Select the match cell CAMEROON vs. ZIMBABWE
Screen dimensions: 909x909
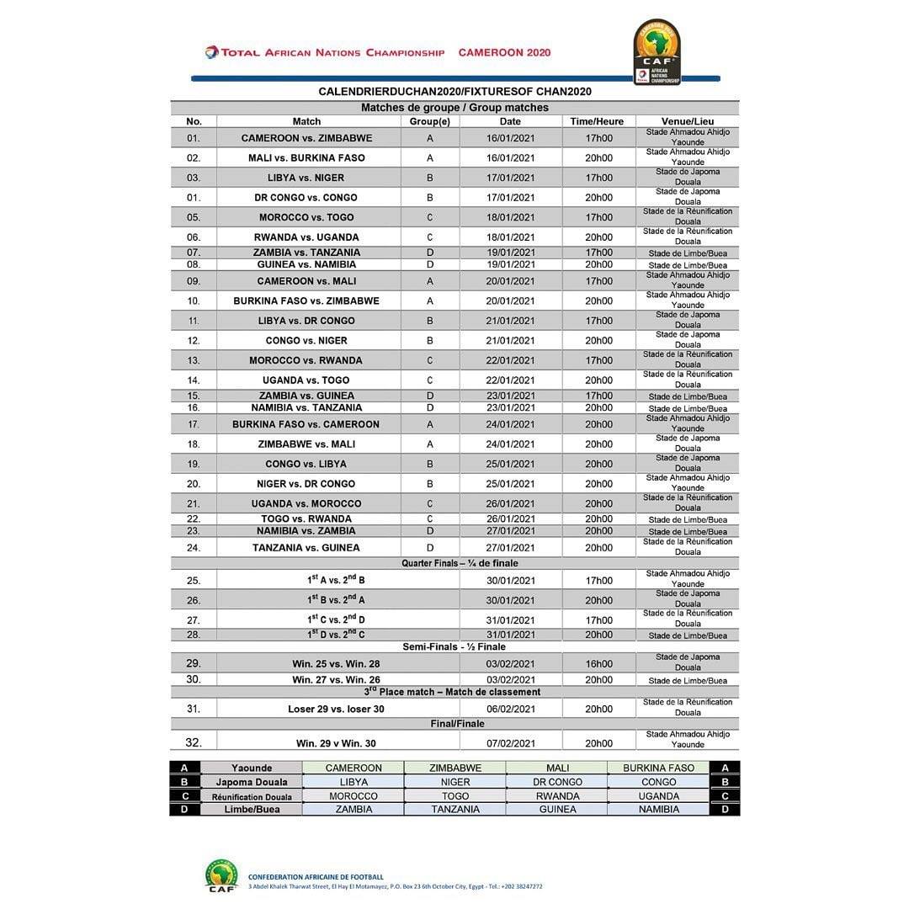[x=307, y=138]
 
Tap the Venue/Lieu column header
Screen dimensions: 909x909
[x=687, y=122]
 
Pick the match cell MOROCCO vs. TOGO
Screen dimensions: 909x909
[x=306, y=217]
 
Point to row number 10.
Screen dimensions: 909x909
[x=194, y=300]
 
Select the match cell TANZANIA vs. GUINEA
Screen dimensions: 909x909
[x=306, y=548]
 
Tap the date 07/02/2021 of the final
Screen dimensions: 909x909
[x=510, y=744]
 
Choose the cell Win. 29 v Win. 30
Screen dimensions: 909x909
[x=336, y=744]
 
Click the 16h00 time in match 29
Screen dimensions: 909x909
[x=598, y=664]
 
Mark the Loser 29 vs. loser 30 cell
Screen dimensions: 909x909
[x=336, y=710]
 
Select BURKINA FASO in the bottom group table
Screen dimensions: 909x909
[x=658, y=768]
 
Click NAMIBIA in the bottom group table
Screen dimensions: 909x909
[x=658, y=810]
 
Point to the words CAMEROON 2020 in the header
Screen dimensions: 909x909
[x=504, y=52]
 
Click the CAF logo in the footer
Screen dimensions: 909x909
[x=221, y=875]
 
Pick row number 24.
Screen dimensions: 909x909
[x=194, y=548]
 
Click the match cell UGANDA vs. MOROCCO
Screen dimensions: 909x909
[x=306, y=503]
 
